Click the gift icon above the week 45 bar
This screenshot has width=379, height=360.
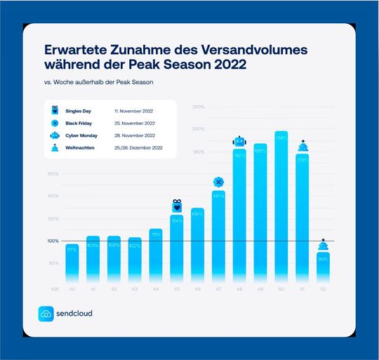coord(177,206)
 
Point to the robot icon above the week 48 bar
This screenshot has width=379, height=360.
coord(239,141)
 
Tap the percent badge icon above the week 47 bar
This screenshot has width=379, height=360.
coord(218,182)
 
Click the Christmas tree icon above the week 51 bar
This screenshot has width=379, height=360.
coord(302,146)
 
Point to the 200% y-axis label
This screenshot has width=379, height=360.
coord(198,129)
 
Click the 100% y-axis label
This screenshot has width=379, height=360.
coord(53,241)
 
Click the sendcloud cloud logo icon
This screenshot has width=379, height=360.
coord(46,314)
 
